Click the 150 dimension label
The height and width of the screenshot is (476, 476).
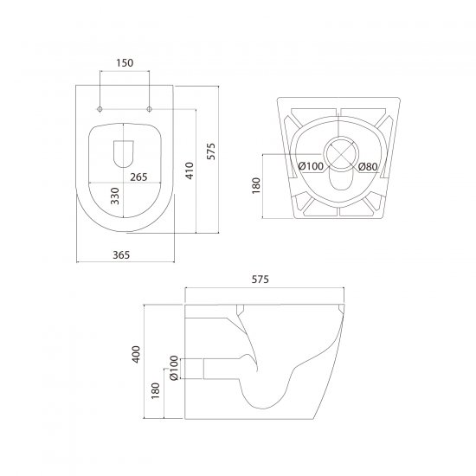point(125,63)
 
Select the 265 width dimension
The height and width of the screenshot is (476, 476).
point(138,177)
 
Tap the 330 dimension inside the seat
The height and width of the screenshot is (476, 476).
point(115,196)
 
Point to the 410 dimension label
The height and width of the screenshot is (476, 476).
point(190,170)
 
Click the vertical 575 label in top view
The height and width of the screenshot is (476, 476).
point(210,151)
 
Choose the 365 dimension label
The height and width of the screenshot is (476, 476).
point(121,255)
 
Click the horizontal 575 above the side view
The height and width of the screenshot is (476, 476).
point(261,280)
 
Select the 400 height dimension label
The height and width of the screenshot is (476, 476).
point(136,354)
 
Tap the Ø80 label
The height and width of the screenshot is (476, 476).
point(368,167)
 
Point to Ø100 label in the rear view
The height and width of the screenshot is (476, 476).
point(311,166)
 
